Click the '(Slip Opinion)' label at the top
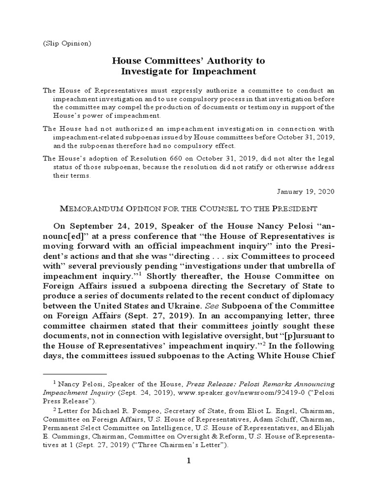tap(66, 43)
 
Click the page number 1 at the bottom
tap(188, 461)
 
